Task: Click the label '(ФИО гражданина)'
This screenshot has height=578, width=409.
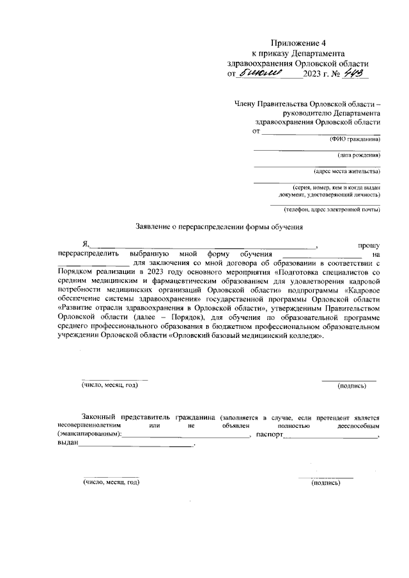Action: (x=355, y=139)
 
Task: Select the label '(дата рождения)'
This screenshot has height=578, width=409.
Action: (x=359, y=155)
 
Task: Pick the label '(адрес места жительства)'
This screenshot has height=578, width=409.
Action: (x=347, y=171)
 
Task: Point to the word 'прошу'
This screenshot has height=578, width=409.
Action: (x=369, y=245)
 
